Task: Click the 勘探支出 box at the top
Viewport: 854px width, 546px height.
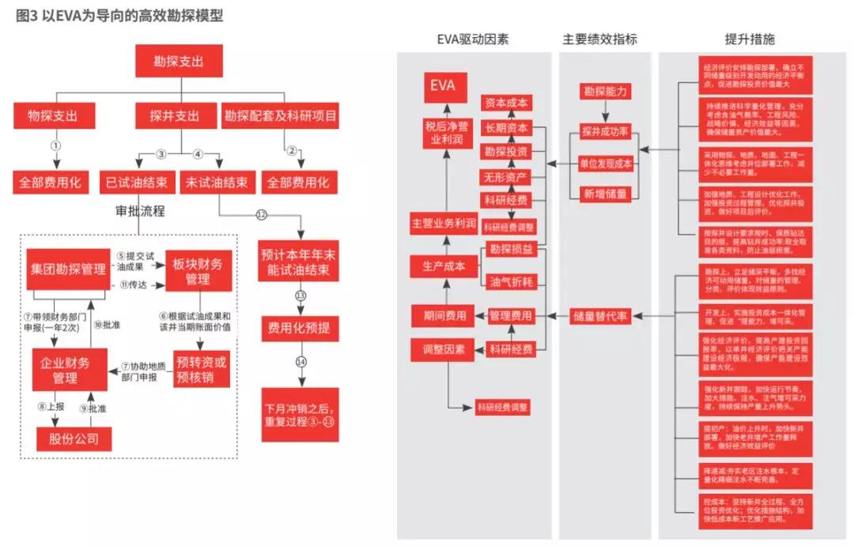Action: (x=179, y=61)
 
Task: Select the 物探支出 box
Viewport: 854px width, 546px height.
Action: (x=55, y=116)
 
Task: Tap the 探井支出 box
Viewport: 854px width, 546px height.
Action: (x=175, y=116)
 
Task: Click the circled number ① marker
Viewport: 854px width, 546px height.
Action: (x=55, y=146)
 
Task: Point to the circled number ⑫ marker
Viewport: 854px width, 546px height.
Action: (x=262, y=214)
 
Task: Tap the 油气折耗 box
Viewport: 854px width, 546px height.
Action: (x=510, y=281)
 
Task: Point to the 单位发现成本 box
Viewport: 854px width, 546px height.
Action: (x=606, y=164)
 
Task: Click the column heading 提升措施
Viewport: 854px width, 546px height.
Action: (x=750, y=40)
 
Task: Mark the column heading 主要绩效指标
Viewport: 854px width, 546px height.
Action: (x=599, y=40)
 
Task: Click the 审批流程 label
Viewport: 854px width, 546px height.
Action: (x=141, y=211)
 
